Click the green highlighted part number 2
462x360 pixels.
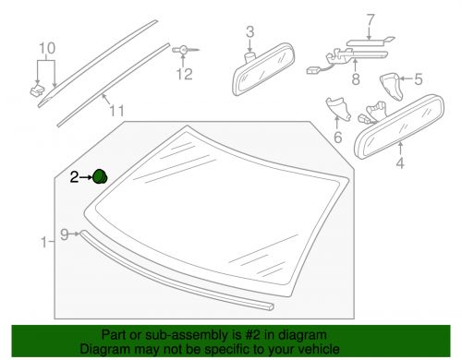pyautogui.click(x=101, y=175)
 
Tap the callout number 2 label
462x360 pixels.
pyautogui.click(x=76, y=175)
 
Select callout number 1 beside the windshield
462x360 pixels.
pyautogui.click(x=44, y=243)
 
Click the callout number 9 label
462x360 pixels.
pyautogui.click(x=65, y=234)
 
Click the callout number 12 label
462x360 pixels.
pyautogui.click(x=188, y=72)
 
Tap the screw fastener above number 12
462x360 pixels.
pyautogui.click(x=183, y=47)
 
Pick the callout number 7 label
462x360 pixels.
pyautogui.click(x=345, y=18)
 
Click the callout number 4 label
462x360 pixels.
pyautogui.click(x=399, y=166)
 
